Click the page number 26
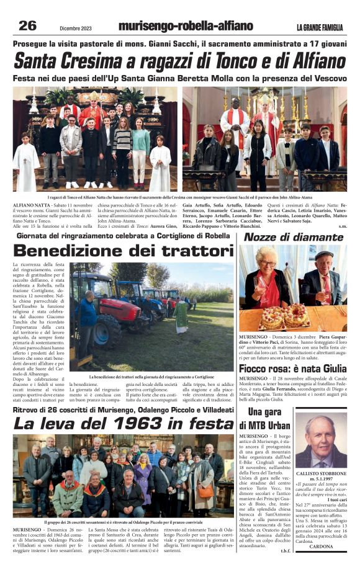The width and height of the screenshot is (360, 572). tap(27, 25)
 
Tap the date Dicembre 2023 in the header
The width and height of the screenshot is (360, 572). tap(77, 27)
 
